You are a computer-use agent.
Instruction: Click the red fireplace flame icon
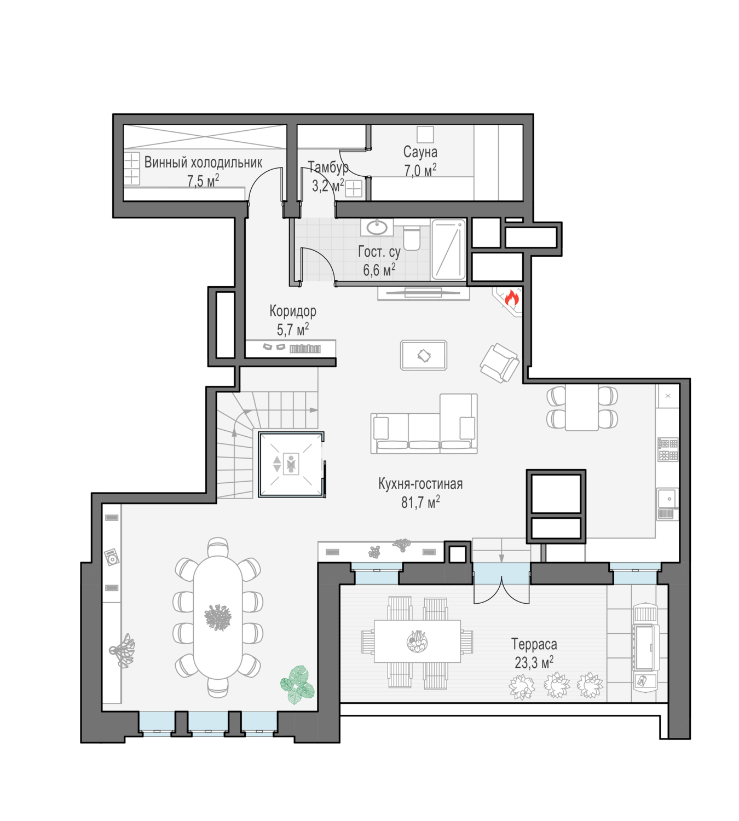click(511, 298)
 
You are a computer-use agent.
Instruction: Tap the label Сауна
click(420, 152)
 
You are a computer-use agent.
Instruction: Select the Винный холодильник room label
click(203, 163)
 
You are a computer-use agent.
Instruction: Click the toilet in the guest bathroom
click(412, 238)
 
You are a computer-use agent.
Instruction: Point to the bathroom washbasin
click(377, 227)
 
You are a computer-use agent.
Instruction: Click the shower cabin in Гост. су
click(448, 250)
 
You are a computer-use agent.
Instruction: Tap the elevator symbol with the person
click(291, 464)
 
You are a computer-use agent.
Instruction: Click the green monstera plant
click(297, 685)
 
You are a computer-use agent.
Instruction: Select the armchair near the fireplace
click(499, 363)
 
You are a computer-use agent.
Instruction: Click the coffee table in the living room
click(423, 355)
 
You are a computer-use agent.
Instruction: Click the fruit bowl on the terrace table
click(417, 641)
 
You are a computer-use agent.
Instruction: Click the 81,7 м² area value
click(420, 502)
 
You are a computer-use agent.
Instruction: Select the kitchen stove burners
click(668, 449)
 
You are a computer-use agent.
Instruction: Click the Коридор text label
click(293, 311)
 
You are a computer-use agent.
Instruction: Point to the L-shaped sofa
click(424, 424)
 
